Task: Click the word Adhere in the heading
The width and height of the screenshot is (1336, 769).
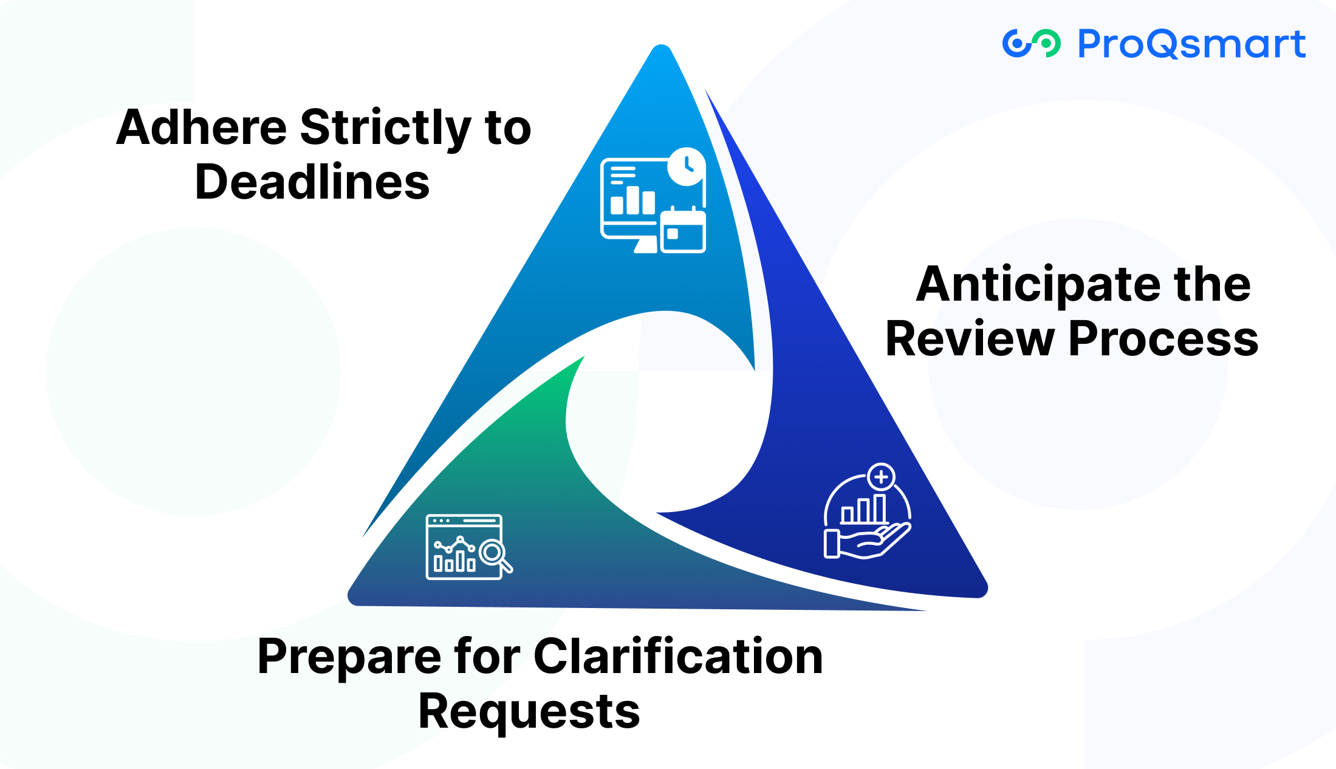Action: tap(201, 128)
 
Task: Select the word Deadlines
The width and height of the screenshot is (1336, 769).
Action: tap(312, 182)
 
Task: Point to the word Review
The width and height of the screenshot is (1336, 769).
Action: tap(970, 339)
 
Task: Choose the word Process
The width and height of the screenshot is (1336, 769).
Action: tap(1163, 339)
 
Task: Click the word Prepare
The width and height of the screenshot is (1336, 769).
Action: tap(349, 657)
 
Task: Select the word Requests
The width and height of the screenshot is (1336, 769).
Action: tap(529, 712)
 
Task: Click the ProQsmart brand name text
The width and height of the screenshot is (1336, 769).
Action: tap(1191, 44)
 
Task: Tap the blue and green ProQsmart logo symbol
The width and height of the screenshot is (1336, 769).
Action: tap(1031, 43)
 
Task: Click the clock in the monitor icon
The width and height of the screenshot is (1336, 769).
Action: tap(687, 165)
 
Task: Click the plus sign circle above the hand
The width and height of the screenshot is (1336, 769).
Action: tap(881, 477)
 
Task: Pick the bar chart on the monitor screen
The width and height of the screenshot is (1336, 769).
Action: tap(632, 200)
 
